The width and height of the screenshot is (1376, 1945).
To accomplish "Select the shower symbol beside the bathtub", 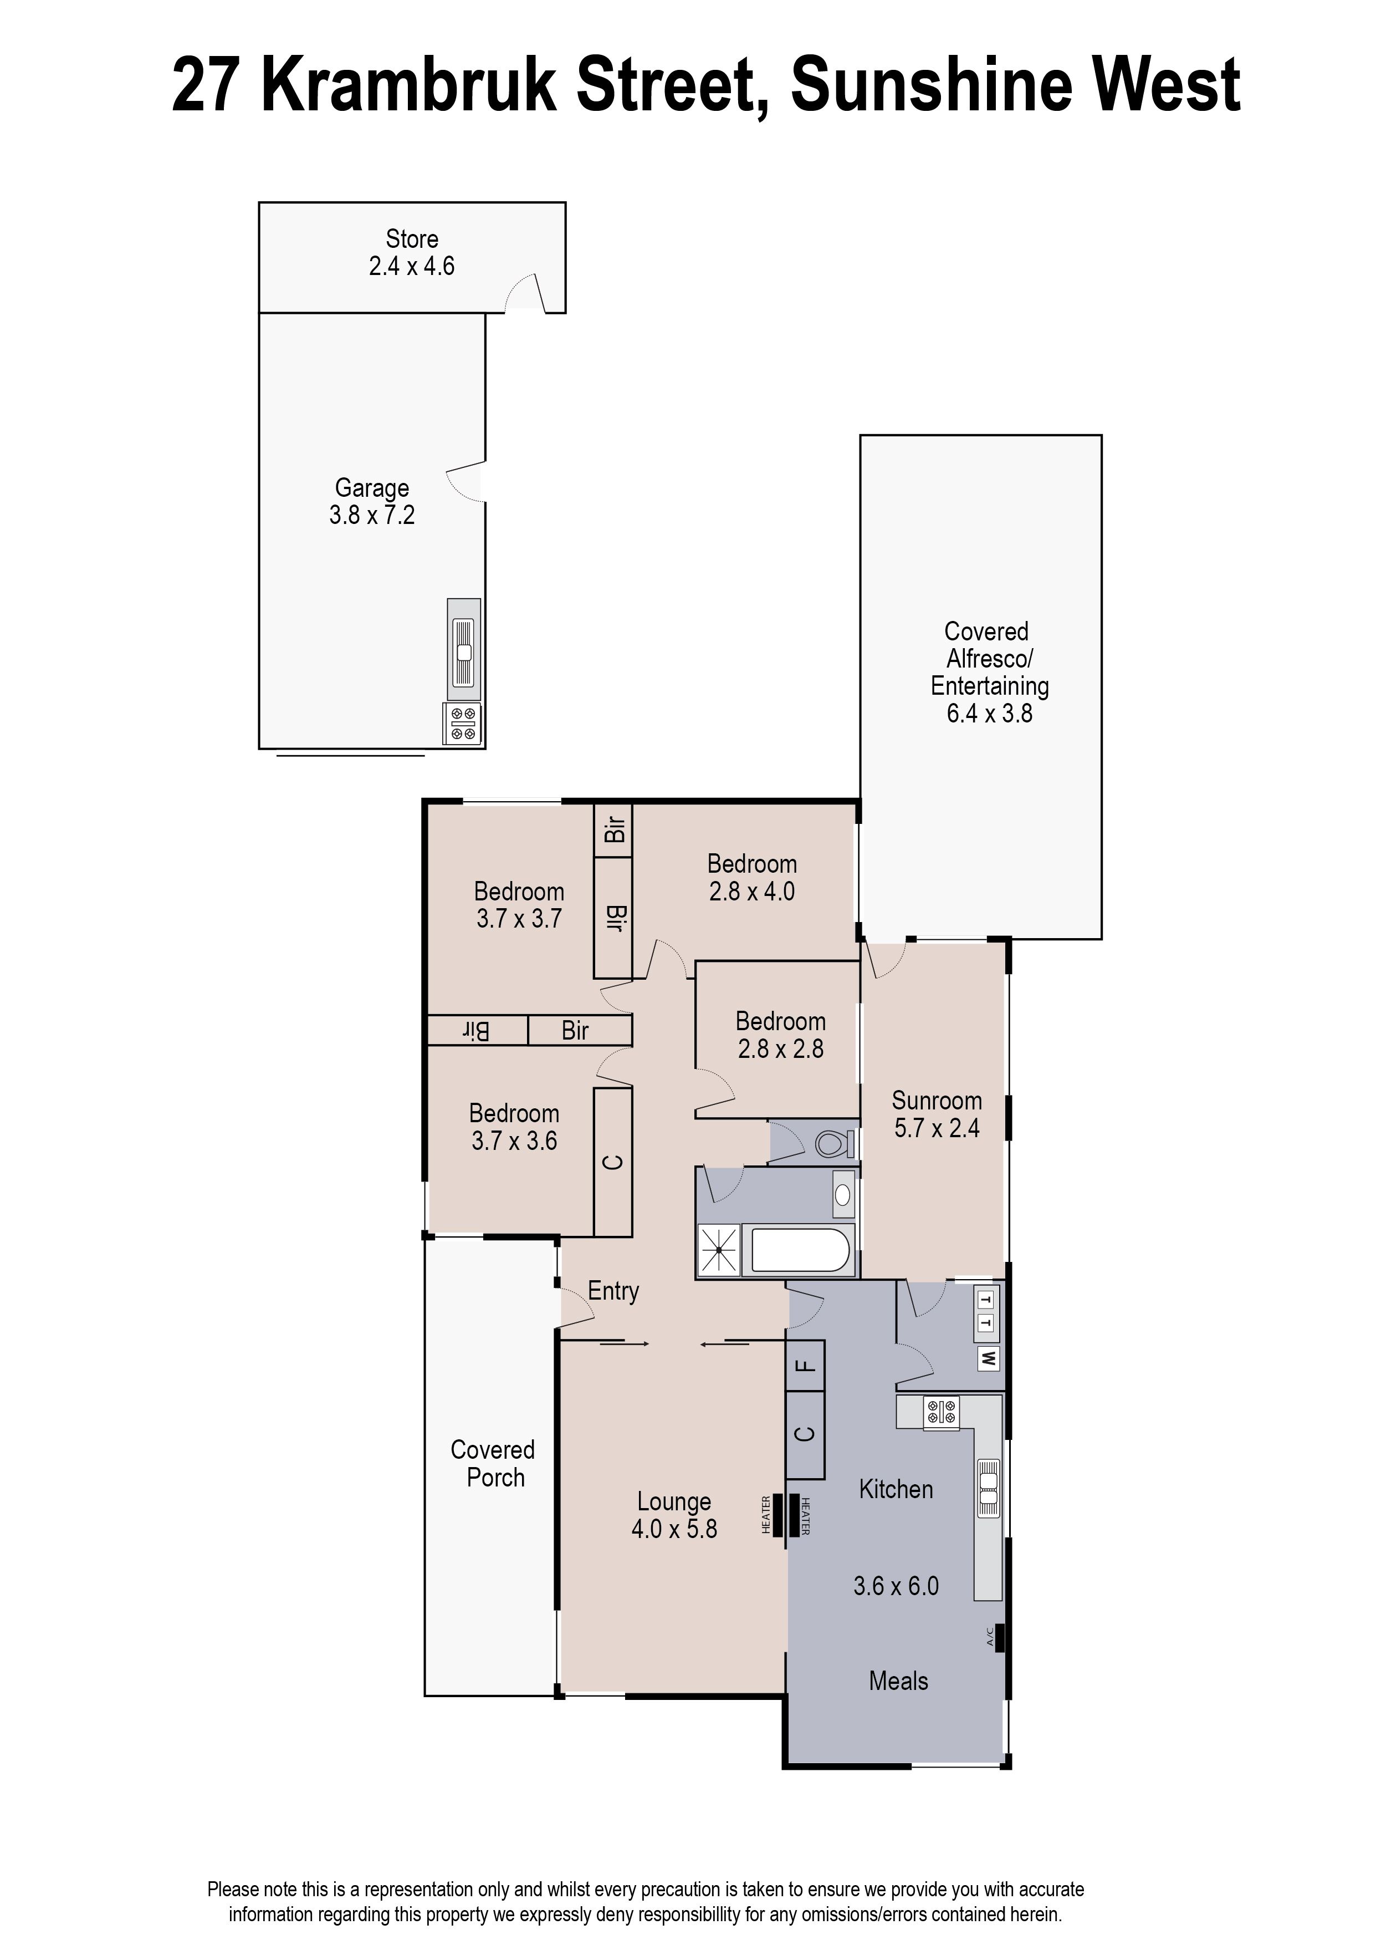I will pos(719,1250).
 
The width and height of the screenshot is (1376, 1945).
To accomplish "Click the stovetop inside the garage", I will pos(463,724).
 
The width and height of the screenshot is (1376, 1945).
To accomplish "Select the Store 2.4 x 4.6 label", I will pos(412,253).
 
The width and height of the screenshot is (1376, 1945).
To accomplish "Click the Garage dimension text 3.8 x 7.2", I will pos(372,515).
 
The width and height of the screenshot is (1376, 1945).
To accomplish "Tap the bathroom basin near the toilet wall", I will pos(843,1195).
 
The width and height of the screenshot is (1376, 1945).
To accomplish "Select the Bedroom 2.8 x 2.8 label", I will pos(780,1035).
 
